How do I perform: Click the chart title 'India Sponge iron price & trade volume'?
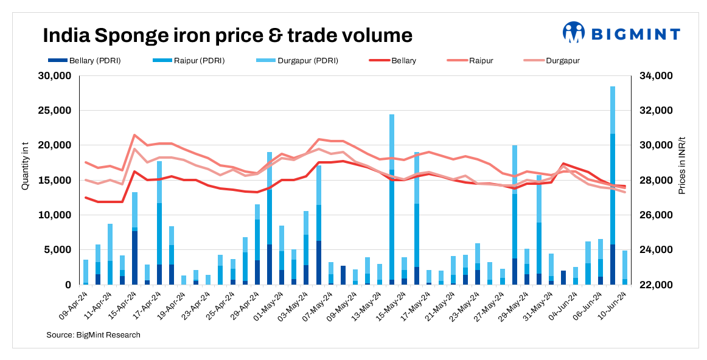227,35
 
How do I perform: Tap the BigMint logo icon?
573,33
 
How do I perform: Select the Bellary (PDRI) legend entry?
72,61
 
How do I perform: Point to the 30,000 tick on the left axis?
55,76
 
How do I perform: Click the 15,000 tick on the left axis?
55,181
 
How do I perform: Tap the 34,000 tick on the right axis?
655,76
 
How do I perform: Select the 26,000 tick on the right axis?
655,215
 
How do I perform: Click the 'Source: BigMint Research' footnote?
93,335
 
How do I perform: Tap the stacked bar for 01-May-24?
270,218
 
